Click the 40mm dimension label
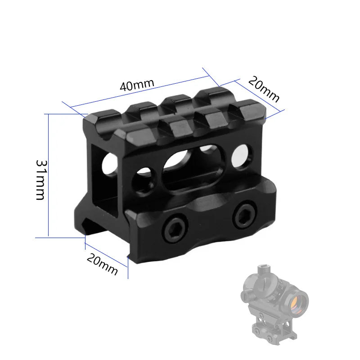click(137, 85)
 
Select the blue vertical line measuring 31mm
click(48, 175)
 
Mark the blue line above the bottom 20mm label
click(107, 256)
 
